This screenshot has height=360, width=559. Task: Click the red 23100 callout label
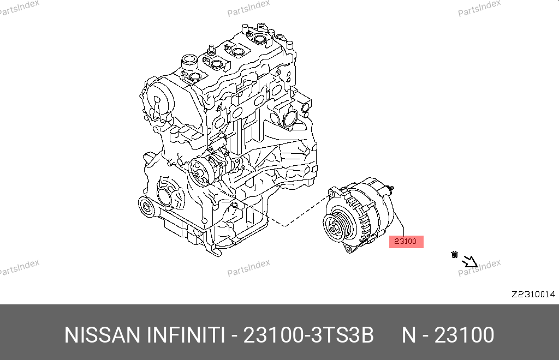coord(406,242)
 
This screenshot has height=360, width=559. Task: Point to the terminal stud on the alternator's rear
coord(391,188)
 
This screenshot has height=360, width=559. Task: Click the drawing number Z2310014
coord(533,295)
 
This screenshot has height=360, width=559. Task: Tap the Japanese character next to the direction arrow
coord(454,255)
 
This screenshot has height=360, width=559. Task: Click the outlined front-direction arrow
coord(469,262)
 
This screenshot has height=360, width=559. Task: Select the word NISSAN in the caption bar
coord(102,335)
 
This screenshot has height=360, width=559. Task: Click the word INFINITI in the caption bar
coord(186,335)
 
